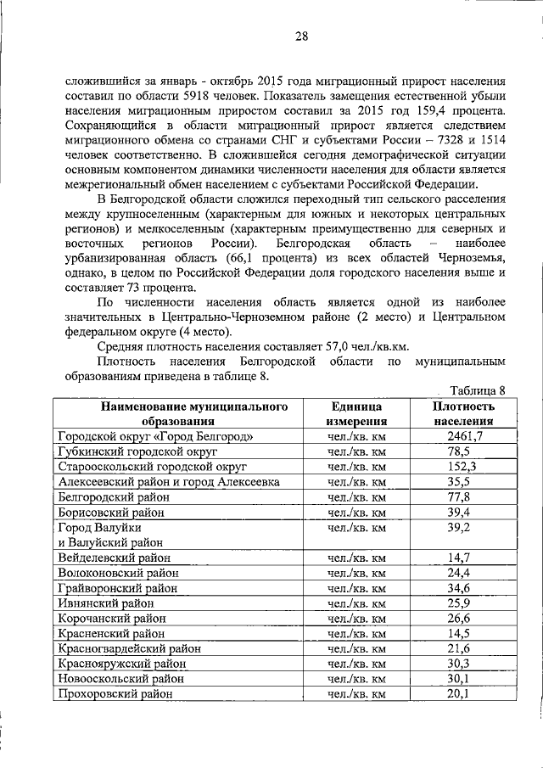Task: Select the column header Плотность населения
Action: click(x=464, y=413)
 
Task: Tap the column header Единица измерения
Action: click(x=356, y=413)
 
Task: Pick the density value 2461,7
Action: click(x=464, y=436)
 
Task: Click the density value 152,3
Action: click(x=464, y=467)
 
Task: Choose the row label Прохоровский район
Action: click(x=115, y=693)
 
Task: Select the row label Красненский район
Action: click(x=111, y=633)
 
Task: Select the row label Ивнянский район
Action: click(x=107, y=603)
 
